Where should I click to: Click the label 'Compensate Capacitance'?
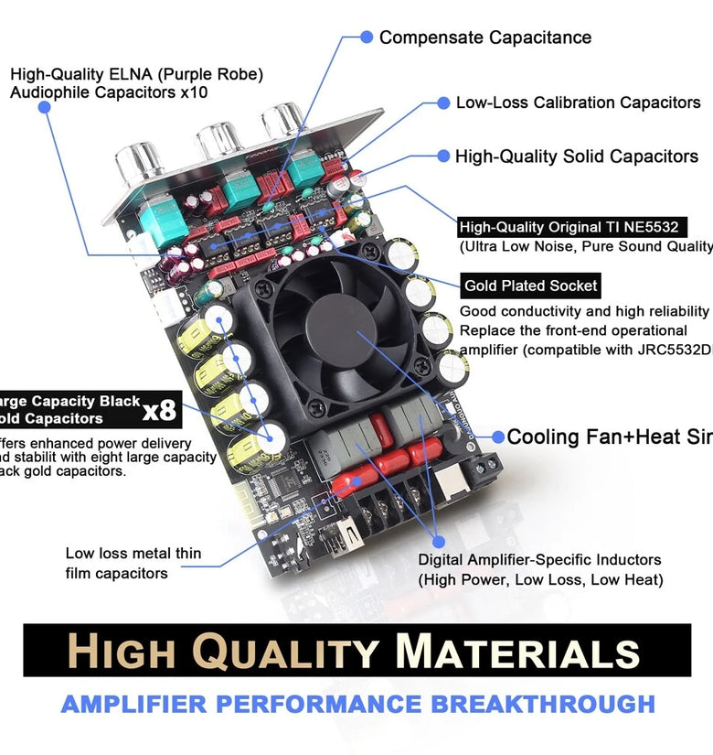point(484,38)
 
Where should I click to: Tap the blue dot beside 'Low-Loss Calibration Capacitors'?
point(443,103)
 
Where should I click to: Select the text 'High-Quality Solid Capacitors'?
point(576,156)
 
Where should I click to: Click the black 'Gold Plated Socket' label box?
point(530,286)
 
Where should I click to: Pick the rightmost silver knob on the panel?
point(283,119)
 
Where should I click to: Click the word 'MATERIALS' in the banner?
point(517,653)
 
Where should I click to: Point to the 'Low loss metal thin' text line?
point(133,554)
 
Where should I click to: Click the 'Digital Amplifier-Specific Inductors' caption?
point(539,559)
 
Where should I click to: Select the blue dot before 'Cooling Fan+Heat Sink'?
point(498,437)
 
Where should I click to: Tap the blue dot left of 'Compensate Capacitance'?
point(367,37)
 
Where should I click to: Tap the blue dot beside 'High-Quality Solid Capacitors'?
point(443,156)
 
